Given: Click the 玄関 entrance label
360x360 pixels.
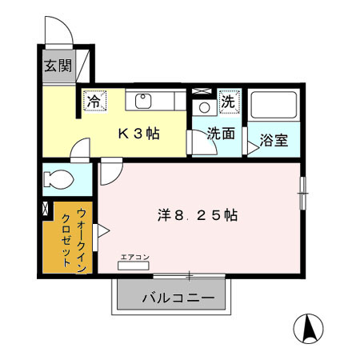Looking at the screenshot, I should [58, 66].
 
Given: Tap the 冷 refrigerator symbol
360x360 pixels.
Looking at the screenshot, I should [94, 102].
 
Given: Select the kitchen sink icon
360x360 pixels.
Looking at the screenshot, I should [144, 101].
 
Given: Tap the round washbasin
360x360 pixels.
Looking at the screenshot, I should [203, 107].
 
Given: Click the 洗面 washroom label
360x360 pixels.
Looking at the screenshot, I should [221, 134].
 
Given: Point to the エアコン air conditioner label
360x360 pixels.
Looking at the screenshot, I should [134, 258].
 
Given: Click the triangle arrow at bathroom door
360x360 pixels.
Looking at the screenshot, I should [253, 144].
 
